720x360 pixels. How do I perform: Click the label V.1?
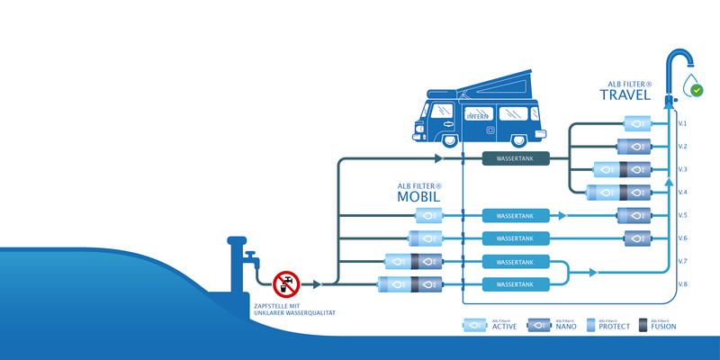[x=682, y=123]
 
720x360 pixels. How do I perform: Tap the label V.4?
[x=682, y=192]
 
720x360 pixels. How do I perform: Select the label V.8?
[x=682, y=284]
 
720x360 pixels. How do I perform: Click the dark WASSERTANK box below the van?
[x=515, y=159]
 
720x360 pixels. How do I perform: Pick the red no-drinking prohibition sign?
[x=286, y=283]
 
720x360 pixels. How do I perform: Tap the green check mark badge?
[x=696, y=91]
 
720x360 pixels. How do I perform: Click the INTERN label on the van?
[x=478, y=116]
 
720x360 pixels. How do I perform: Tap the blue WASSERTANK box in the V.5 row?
[x=515, y=216]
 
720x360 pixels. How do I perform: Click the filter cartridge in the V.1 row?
[x=634, y=123]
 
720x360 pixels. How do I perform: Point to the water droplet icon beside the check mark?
[x=687, y=85]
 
